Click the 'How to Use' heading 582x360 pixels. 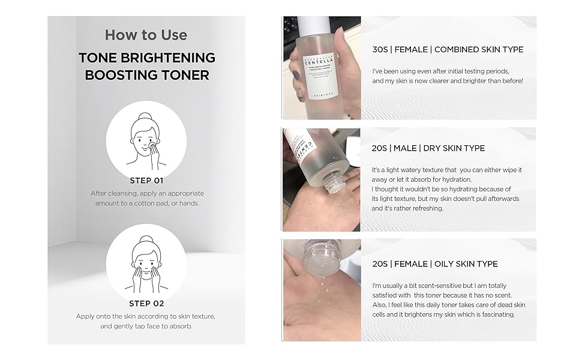[146, 35]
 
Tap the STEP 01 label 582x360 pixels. [146, 181]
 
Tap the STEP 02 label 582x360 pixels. [146, 304]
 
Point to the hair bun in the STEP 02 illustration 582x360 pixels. [146, 239]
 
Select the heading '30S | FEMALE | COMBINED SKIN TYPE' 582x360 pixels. [448, 49]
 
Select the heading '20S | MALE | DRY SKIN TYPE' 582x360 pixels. [428, 148]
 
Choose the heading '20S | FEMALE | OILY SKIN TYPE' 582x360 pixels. [434, 264]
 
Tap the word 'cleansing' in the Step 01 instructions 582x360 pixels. [122, 194]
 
